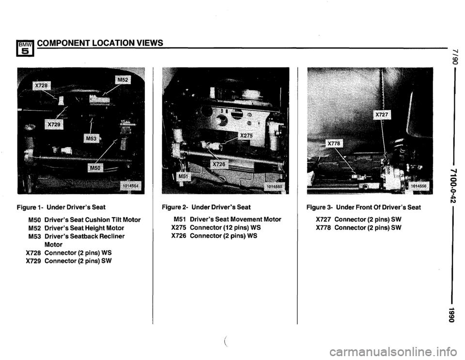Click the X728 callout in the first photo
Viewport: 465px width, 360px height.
coord(42,86)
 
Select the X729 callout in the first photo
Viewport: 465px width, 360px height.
coord(54,124)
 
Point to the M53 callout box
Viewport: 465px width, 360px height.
coord(91,138)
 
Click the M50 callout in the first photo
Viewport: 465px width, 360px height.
coord(95,168)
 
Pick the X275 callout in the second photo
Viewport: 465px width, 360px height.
coord(247,135)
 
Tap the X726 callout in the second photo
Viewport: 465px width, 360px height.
coord(219,164)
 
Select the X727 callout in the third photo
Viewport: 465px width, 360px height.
coord(382,115)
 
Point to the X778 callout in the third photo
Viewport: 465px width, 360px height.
coord(335,144)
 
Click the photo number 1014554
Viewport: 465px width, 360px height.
coord(130,186)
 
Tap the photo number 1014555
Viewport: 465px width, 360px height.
coord(274,186)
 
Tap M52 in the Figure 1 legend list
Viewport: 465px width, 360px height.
coord(35,228)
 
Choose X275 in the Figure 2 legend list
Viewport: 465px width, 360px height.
coord(179,227)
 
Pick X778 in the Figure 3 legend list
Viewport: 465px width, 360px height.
coord(324,227)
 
